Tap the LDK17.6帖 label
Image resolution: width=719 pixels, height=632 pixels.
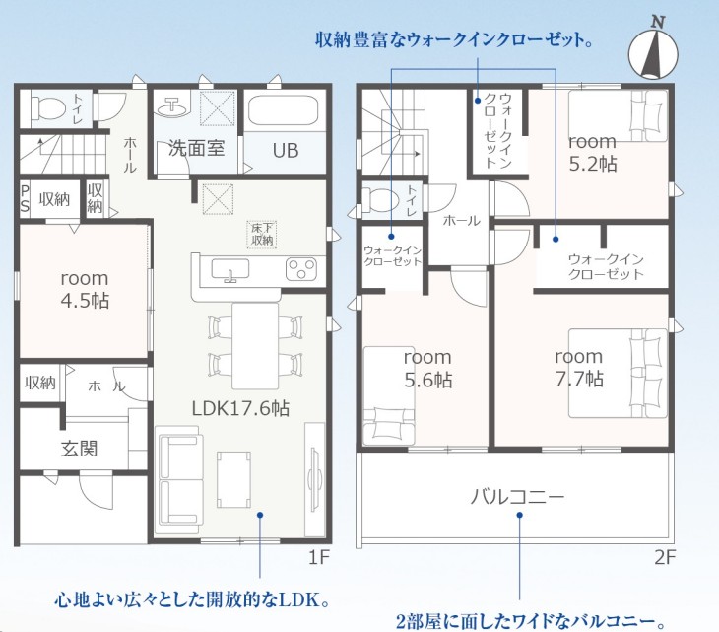tap(240, 408)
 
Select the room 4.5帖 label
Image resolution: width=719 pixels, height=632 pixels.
tap(85, 290)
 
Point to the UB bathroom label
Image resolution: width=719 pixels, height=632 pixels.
tap(286, 151)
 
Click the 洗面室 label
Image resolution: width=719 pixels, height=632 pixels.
tap(196, 148)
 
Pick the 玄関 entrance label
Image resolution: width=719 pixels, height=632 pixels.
tap(80, 449)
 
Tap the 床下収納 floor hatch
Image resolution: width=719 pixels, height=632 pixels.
tap(262, 235)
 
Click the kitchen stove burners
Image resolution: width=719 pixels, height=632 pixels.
tap(301, 269)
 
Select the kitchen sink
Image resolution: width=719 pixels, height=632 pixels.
tap(230, 269)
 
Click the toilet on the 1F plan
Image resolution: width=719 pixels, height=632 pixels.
tap(46, 108)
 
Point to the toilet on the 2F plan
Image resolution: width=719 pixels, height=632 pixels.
tap(381, 199)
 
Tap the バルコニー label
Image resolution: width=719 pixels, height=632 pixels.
tap(517, 496)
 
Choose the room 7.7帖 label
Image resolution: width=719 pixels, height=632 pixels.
tap(579, 367)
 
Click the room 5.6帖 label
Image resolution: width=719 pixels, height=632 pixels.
tap(427, 368)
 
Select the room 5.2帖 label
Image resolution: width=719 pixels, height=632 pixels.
tap(593, 153)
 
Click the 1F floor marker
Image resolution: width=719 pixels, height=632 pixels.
tap(319, 558)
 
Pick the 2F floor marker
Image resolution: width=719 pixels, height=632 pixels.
tap(665, 558)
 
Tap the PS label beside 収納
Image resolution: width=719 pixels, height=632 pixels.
tap(25, 199)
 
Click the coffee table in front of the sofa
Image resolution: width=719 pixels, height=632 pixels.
tap(233, 479)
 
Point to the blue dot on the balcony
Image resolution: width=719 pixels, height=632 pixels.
tap(519, 515)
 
